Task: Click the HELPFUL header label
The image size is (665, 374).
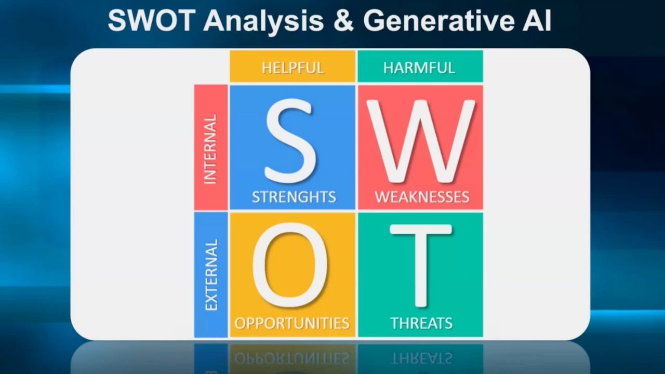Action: [x=292, y=68]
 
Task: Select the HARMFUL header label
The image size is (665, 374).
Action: [x=419, y=68]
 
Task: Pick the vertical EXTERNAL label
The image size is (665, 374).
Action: [x=211, y=275]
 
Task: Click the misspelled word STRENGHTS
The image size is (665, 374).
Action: [x=294, y=197]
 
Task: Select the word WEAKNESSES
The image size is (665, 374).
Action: [x=422, y=197]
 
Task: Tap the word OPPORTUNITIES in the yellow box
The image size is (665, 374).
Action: [x=292, y=323]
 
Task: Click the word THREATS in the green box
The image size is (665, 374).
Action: [x=421, y=323]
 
